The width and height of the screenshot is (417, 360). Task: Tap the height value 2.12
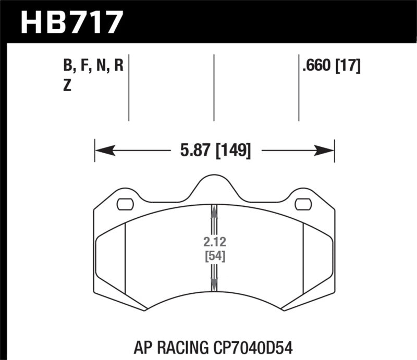click(x=214, y=242)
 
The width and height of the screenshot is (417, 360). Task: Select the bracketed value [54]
click(x=214, y=256)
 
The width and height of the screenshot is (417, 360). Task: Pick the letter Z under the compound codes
click(x=66, y=86)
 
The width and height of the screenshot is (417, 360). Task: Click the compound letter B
click(x=67, y=67)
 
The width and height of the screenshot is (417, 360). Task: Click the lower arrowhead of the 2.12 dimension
click(x=214, y=284)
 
